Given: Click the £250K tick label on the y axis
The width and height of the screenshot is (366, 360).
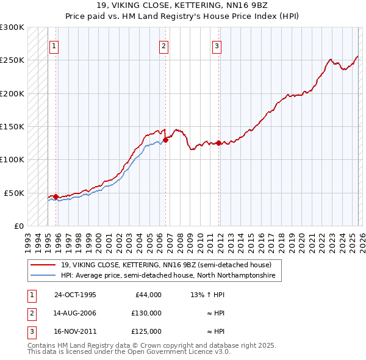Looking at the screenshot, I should click(x=12, y=60).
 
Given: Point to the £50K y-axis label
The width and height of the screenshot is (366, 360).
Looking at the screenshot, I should click(x=15, y=193).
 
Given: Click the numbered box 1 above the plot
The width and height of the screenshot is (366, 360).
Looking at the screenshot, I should click(x=54, y=45).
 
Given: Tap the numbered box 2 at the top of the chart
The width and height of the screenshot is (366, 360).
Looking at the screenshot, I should click(x=163, y=45).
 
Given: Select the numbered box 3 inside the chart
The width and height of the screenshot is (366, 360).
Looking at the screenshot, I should click(x=217, y=45).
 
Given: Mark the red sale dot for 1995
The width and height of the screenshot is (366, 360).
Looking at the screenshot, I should click(x=56, y=196).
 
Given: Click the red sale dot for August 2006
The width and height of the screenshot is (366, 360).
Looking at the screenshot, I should click(x=165, y=140).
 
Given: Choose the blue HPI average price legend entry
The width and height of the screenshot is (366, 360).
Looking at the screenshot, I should click(x=168, y=276).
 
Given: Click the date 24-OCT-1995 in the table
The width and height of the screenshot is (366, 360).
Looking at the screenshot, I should click(x=75, y=295).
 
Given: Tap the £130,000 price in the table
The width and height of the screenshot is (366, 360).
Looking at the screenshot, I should click(x=146, y=313).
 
